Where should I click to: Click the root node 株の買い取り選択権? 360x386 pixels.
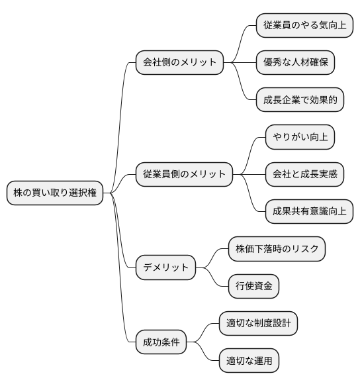[x=55, y=193]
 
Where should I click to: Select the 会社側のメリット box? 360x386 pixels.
[x=179, y=63]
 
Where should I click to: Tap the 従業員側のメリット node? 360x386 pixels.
[x=185, y=175]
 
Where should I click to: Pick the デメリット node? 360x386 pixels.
[x=165, y=268]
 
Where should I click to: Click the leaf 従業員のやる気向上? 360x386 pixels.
[x=304, y=25]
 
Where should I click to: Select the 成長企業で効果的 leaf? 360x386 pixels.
[x=300, y=100]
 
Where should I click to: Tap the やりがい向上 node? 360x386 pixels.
[x=300, y=138]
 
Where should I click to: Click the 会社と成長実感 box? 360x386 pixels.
[x=304, y=175]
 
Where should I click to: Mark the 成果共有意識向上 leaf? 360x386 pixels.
[x=309, y=212]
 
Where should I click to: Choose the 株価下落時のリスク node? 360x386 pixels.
[x=277, y=250]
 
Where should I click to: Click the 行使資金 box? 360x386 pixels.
[x=253, y=287]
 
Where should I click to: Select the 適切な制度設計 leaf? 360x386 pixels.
[x=258, y=324]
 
